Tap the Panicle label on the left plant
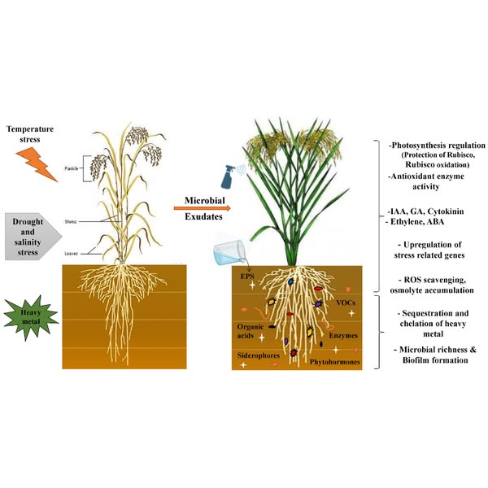click(74, 171)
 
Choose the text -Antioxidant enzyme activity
click(424, 181)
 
